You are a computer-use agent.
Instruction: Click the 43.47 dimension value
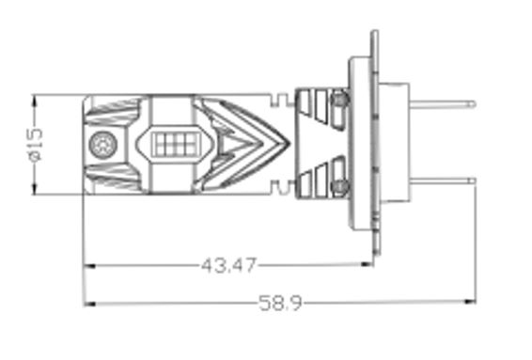tap(229, 265)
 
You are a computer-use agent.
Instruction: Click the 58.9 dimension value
tap(280, 303)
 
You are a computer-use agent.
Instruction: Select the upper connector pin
tap(443, 104)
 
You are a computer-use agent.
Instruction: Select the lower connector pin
tap(443, 181)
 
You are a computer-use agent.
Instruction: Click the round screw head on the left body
tap(103, 145)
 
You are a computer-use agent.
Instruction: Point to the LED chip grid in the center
tap(174, 144)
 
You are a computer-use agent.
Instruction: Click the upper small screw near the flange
tap(340, 99)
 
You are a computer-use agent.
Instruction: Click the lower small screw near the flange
tap(340, 186)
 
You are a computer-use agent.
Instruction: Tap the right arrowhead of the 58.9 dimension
tap(471, 302)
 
